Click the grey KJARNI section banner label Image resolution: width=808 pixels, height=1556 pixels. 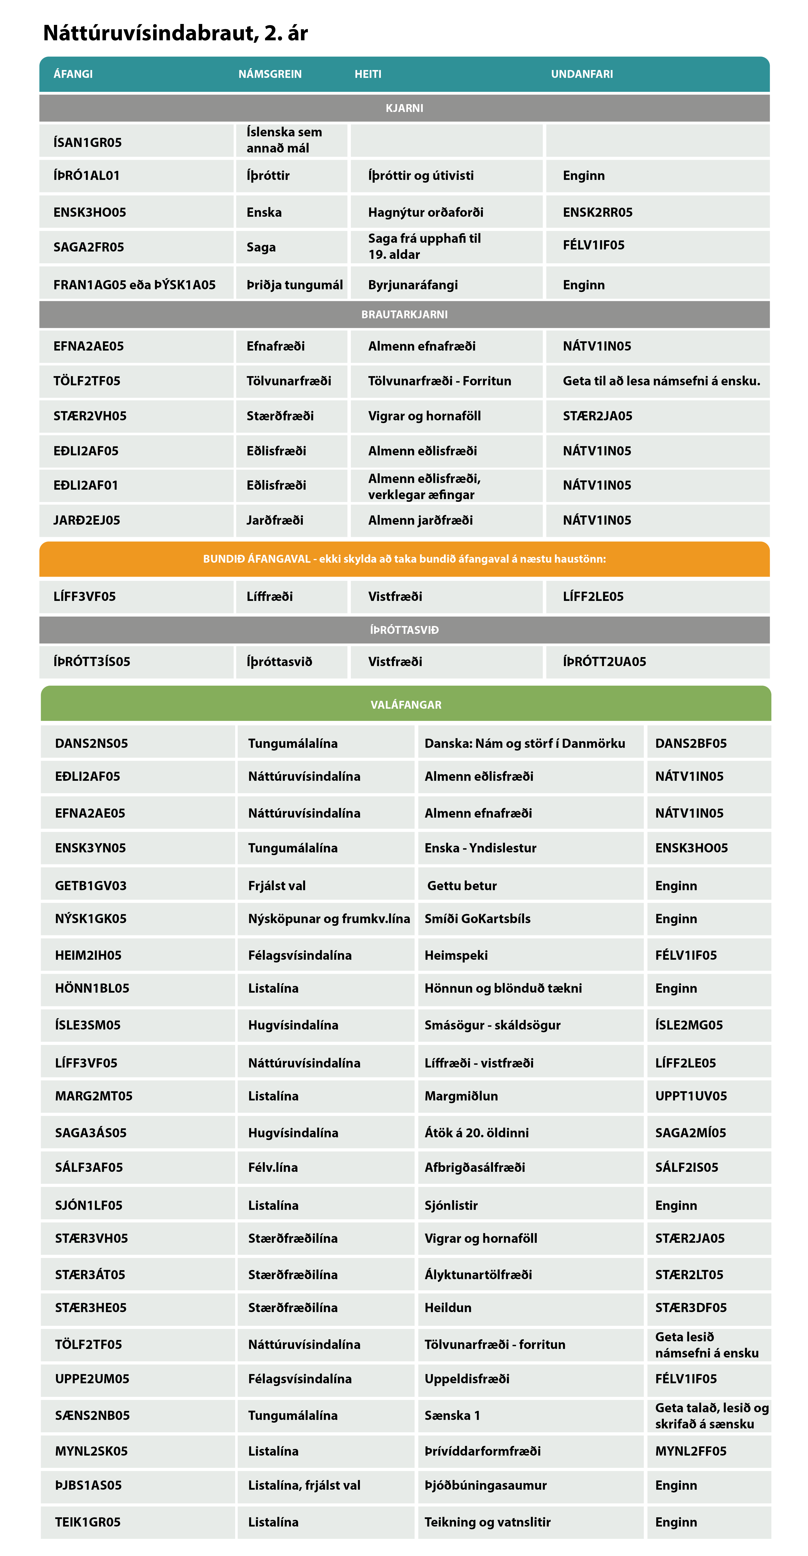(404, 108)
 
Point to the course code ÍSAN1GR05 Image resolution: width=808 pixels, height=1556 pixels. (88, 143)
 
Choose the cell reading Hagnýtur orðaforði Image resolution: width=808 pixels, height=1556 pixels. (426, 212)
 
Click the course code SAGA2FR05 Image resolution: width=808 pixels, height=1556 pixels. (89, 247)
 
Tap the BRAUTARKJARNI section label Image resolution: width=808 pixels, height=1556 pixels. (404, 315)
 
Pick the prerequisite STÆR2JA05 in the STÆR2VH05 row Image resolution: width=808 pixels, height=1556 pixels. (597, 415)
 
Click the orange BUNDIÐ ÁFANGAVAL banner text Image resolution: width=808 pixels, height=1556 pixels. (404, 559)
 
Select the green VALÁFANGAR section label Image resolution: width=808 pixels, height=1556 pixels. (406, 705)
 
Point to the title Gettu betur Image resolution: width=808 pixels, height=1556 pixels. (462, 886)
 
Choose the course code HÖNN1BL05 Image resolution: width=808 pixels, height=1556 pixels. (92, 988)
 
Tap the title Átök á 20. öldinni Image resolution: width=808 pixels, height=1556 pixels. (476, 1133)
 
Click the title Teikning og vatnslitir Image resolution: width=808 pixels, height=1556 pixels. (487, 1522)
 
